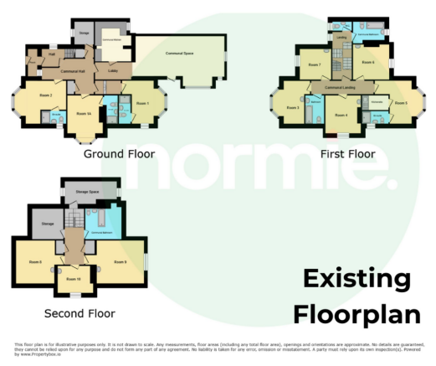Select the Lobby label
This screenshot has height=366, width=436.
coord(113,71)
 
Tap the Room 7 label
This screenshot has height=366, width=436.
coord(314,64)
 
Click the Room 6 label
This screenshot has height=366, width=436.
coord(367,62)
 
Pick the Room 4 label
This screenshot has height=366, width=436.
coord(340,114)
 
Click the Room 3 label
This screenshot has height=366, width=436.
coord(292,108)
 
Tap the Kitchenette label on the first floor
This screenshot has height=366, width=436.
coord(377,103)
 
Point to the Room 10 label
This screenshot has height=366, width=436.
coord(73,278)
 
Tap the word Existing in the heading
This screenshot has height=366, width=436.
coord(356,280)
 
